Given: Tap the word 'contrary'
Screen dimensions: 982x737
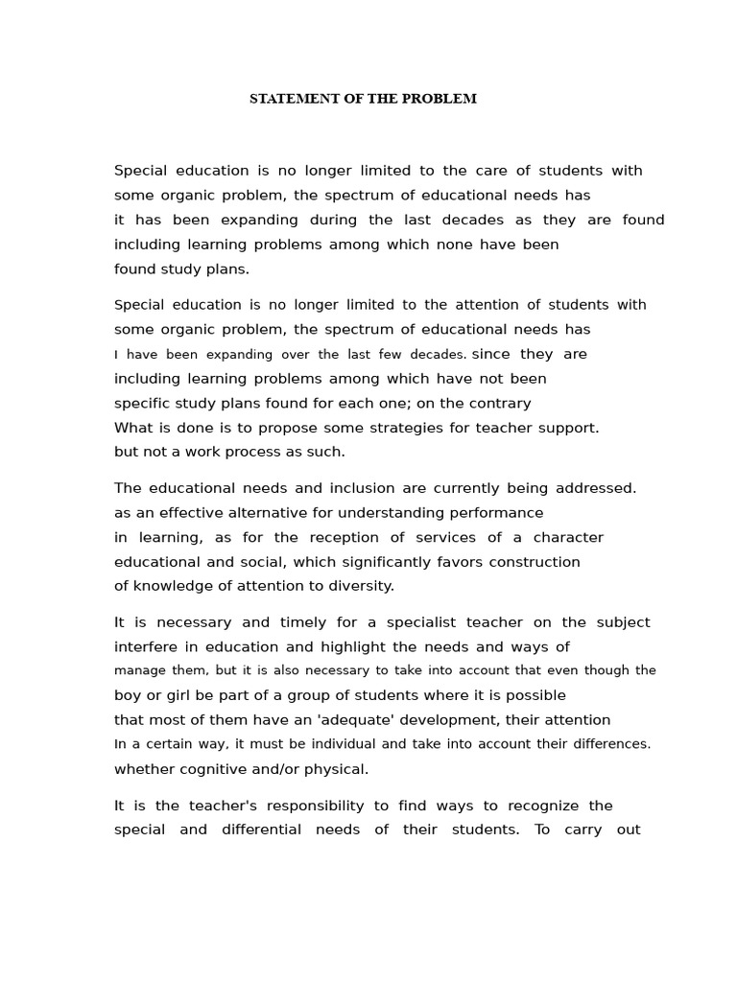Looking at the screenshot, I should click(501, 403).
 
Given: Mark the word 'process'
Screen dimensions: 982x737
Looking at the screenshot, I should click(261, 452).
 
